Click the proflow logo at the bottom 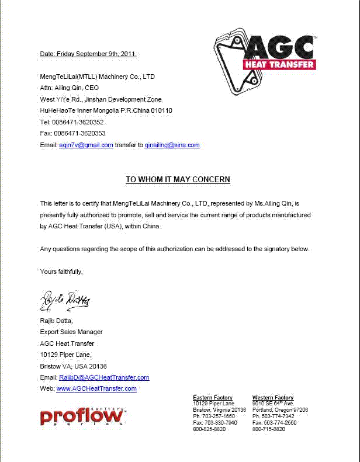(82, 416)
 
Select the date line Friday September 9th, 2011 (88, 54)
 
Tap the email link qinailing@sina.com (172, 145)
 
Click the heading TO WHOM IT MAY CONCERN (178, 179)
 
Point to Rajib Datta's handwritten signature (65, 300)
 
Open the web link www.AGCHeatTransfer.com (96, 388)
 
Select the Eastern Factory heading (213, 398)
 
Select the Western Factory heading (273, 398)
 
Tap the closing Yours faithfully (61, 272)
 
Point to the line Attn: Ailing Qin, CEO (69, 88)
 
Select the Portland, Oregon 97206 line (280, 410)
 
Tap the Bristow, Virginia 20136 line (219, 410)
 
